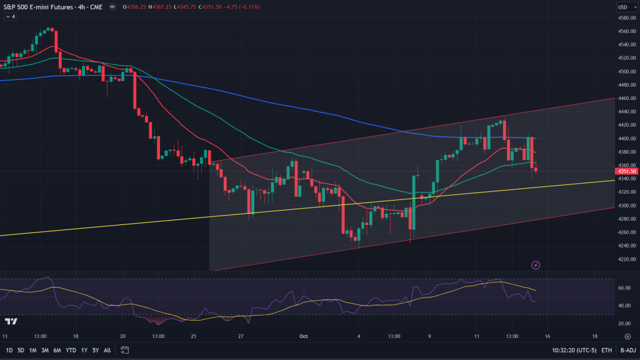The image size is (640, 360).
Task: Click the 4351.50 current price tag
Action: (x=626, y=171)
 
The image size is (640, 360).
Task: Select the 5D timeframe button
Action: (x=21, y=350)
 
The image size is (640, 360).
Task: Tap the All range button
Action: (x=107, y=350)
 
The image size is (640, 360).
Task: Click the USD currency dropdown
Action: (x=624, y=7)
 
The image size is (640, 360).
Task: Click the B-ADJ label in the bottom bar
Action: (x=627, y=350)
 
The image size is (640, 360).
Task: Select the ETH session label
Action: (x=606, y=350)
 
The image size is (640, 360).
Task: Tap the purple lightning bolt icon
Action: (x=536, y=265)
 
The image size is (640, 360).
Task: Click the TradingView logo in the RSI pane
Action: (x=11, y=321)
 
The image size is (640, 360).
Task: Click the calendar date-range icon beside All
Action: (x=125, y=350)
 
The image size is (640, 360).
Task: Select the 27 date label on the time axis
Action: (x=241, y=336)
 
